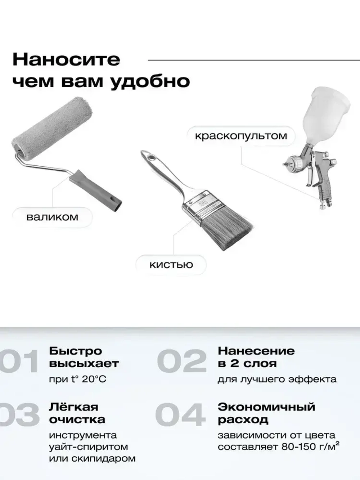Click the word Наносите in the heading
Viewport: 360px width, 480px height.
[x=66, y=59]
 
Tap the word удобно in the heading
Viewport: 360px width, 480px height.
[x=150, y=81]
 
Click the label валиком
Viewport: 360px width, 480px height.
[x=52, y=217]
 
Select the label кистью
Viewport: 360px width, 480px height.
[x=171, y=265]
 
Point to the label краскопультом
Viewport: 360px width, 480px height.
[x=241, y=136]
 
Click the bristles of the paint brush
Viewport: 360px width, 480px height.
[x=225, y=226]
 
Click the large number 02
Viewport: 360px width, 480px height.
[x=182, y=361]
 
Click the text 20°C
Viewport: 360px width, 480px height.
[x=94, y=379]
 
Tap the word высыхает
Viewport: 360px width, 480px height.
[x=84, y=364]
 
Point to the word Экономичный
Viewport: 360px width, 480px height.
[x=266, y=407]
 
